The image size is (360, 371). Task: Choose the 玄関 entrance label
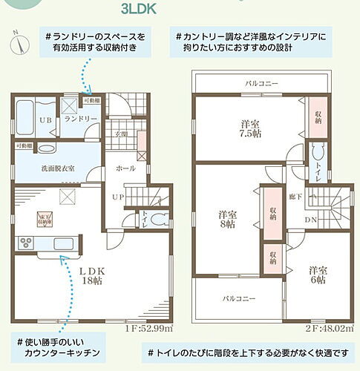click(121, 135)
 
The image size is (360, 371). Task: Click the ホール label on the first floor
click(125, 168)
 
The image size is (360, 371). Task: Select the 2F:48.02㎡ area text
click(328, 328)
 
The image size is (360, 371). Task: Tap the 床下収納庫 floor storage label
click(45, 218)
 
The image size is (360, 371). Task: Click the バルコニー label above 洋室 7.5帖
click(261, 84)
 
